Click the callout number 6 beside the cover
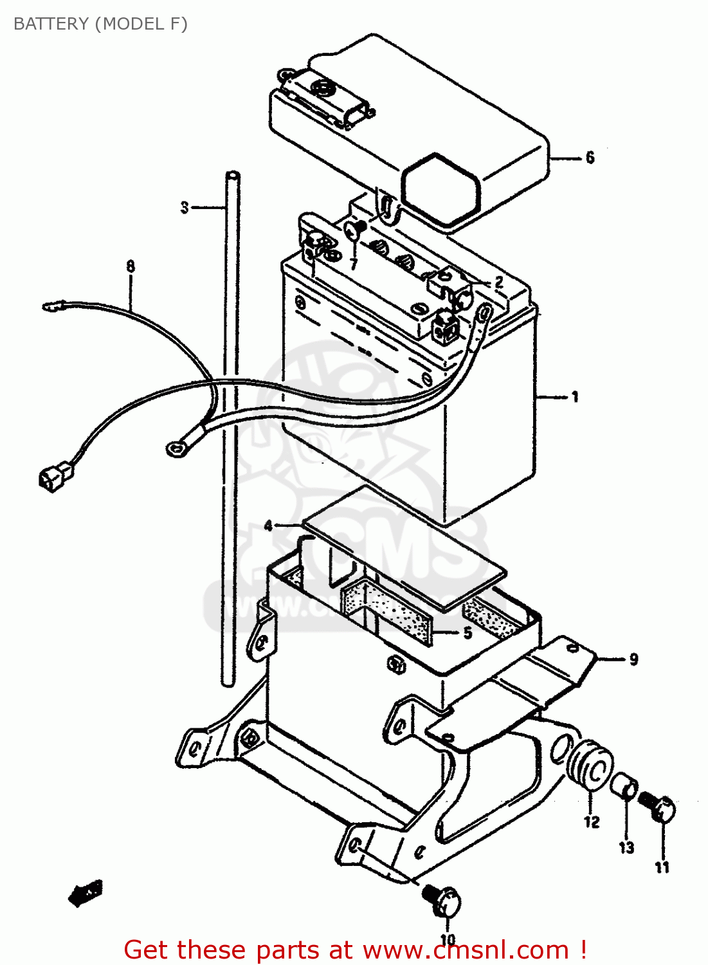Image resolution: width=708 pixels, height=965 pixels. click(x=590, y=158)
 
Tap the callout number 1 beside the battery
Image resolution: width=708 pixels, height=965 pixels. click(x=574, y=397)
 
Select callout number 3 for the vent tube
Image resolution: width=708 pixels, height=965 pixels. click(x=185, y=207)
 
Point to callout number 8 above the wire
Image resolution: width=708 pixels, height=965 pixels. click(x=131, y=266)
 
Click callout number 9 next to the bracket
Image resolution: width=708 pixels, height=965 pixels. click(x=633, y=659)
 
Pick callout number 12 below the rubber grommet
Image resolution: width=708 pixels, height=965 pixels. click(x=592, y=822)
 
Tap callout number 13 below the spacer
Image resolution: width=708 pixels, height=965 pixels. click(x=626, y=847)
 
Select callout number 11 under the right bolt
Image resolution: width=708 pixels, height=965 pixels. click(x=662, y=867)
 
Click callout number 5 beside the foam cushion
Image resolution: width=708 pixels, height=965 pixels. click(x=467, y=633)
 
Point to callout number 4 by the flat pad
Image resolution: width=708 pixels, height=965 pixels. click(x=269, y=526)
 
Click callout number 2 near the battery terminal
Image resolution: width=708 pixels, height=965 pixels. click(x=498, y=282)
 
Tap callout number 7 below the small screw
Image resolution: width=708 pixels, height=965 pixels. click(x=353, y=264)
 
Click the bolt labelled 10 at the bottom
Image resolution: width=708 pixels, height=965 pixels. click(x=442, y=900)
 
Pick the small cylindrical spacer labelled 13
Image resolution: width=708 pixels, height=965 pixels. click(x=624, y=786)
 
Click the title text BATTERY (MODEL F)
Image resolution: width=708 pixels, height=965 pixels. click(x=100, y=24)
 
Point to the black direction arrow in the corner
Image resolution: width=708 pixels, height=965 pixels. click(x=85, y=893)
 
